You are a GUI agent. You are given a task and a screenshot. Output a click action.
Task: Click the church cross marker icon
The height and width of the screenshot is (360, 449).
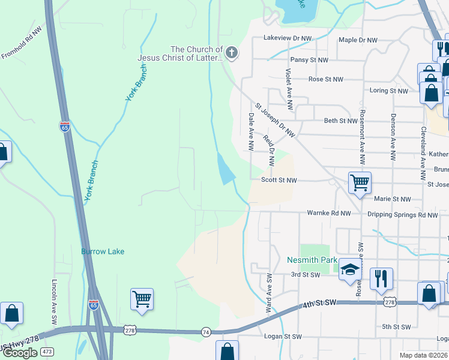pyautogui.click(x=232, y=54)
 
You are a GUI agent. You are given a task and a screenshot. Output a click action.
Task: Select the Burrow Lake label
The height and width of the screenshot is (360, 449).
pyautogui.click(x=103, y=251)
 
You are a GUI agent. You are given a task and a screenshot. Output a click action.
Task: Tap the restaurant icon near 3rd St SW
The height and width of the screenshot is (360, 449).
pyautogui.click(x=381, y=278)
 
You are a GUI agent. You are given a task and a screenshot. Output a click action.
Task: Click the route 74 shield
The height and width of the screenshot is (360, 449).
pyautogui.click(x=206, y=331)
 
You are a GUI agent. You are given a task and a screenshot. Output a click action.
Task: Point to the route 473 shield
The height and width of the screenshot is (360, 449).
pyautogui.click(x=47, y=350)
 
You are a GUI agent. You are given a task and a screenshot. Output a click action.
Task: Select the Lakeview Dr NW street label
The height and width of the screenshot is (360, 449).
pyautogui.click(x=288, y=38)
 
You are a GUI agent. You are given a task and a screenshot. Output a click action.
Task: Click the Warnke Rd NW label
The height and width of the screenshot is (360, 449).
pyautogui.click(x=328, y=213)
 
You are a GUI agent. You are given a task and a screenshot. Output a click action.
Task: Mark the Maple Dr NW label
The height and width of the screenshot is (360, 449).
pyautogui.click(x=358, y=40)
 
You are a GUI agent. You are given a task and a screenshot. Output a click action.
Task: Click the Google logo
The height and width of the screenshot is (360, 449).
pyautogui.click(x=20, y=353)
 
